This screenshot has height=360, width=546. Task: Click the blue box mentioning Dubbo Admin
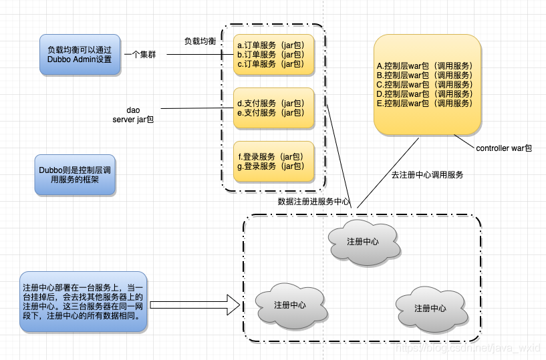(x=80, y=54)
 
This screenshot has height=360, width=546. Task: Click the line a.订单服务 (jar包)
(x=270, y=45)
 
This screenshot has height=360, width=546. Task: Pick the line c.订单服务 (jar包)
(x=270, y=64)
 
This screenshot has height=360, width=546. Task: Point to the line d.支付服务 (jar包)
(x=270, y=104)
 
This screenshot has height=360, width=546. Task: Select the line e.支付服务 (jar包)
(x=270, y=113)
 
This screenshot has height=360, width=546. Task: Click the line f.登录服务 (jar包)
(x=270, y=156)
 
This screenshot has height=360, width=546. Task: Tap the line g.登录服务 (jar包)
(x=270, y=166)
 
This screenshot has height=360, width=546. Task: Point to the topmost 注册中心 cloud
(x=364, y=241)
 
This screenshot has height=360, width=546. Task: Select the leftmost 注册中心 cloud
(x=290, y=305)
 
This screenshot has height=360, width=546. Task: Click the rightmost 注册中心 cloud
(x=430, y=308)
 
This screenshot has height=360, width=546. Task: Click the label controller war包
(x=504, y=148)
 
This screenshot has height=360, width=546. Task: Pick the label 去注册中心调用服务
(x=427, y=175)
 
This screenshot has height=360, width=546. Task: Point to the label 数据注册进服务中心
(x=313, y=200)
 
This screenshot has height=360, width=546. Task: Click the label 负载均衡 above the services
(x=200, y=41)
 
